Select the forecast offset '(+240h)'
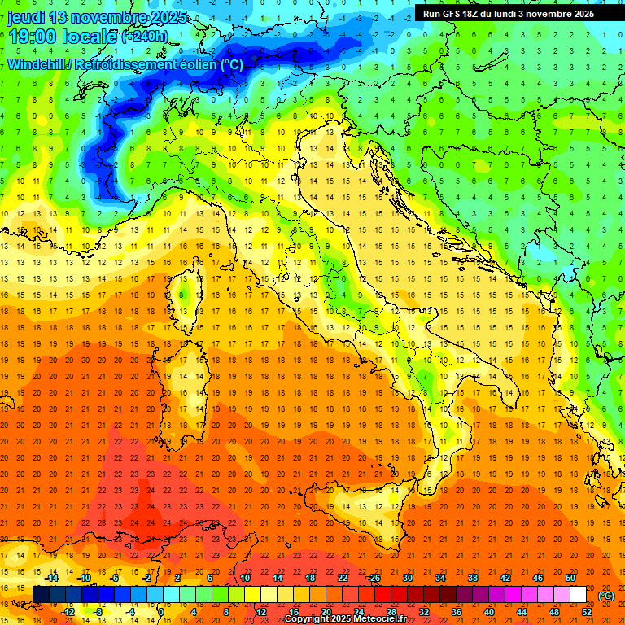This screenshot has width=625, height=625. click(x=145, y=37)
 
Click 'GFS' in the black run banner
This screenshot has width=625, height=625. click(x=461, y=14)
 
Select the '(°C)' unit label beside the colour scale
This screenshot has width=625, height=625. click(x=605, y=596)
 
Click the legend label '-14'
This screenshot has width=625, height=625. click(x=53, y=578)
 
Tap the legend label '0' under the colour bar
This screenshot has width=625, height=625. click(x=160, y=612)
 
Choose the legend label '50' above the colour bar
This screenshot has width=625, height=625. click(x=570, y=578)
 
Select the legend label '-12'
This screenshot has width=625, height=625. click(x=68, y=612)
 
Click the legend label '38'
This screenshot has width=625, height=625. click(x=473, y=578)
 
